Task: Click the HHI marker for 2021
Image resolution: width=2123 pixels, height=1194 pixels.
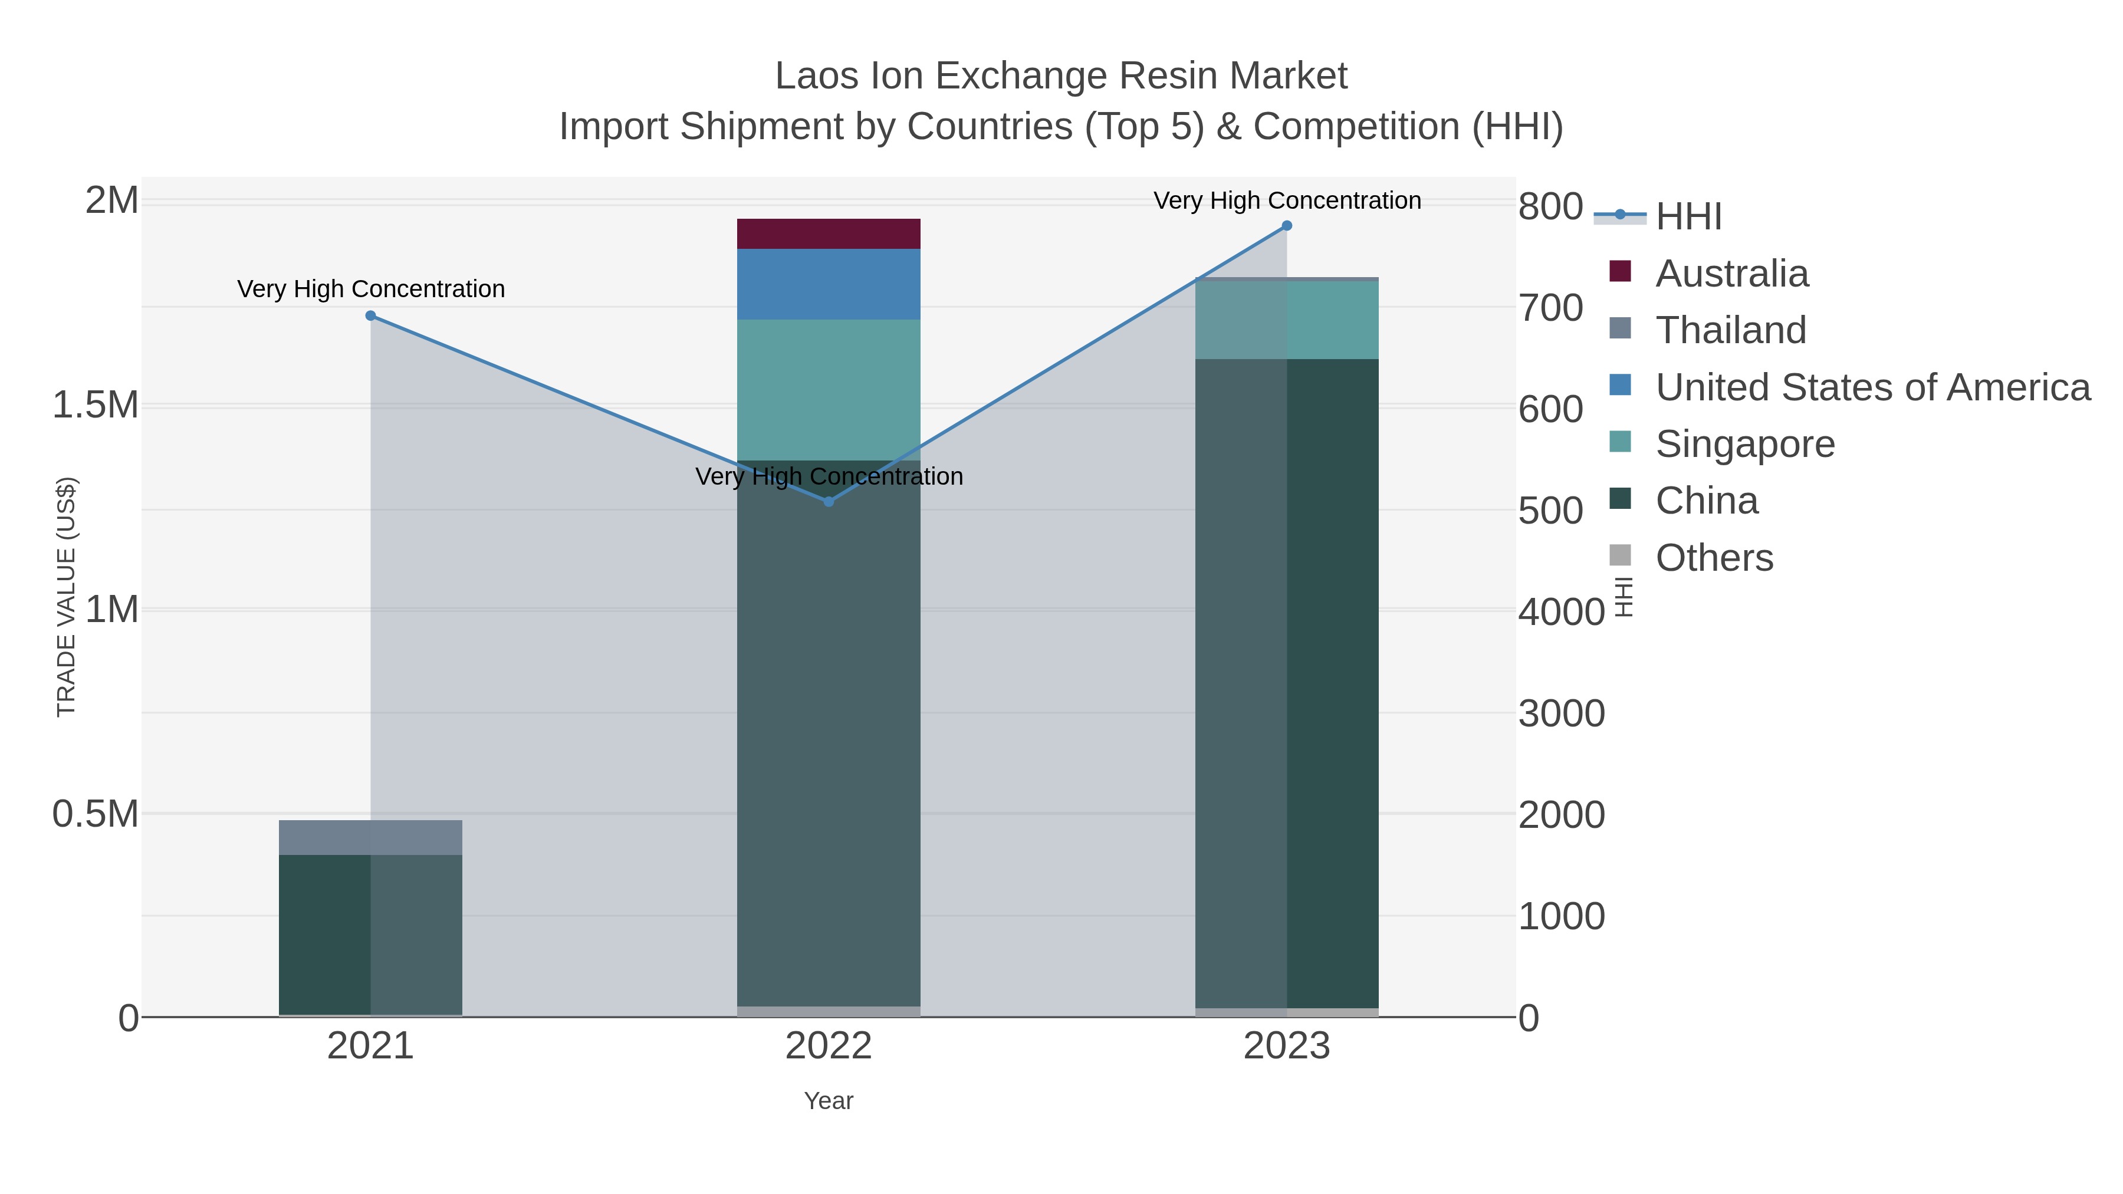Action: click(x=371, y=315)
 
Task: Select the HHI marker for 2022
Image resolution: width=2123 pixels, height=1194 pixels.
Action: click(x=829, y=501)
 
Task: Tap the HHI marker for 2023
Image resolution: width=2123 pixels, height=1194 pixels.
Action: click(x=1287, y=226)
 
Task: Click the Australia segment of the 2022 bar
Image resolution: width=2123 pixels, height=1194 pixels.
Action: click(x=829, y=234)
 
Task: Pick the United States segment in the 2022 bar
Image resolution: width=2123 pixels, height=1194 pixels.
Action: click(x=829, y=284)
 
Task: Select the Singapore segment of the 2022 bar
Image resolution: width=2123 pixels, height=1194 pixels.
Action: click(x=829, y=389)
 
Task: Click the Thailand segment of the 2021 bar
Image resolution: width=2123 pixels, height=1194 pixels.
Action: click(x=371, y=837)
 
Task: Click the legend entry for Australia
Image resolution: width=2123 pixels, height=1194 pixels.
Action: click(x=1731, y=274)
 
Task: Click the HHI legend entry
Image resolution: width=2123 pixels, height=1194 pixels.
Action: click(x=1688, y=217)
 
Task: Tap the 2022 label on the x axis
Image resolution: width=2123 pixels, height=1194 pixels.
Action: click(x=829, y=1047)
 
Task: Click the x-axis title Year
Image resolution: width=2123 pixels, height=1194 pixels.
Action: click(x=829, y=1101)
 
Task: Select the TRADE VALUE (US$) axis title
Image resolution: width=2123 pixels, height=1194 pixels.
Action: click(x=66, y=597)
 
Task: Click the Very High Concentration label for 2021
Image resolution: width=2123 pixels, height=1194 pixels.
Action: click(x=371, y=290)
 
